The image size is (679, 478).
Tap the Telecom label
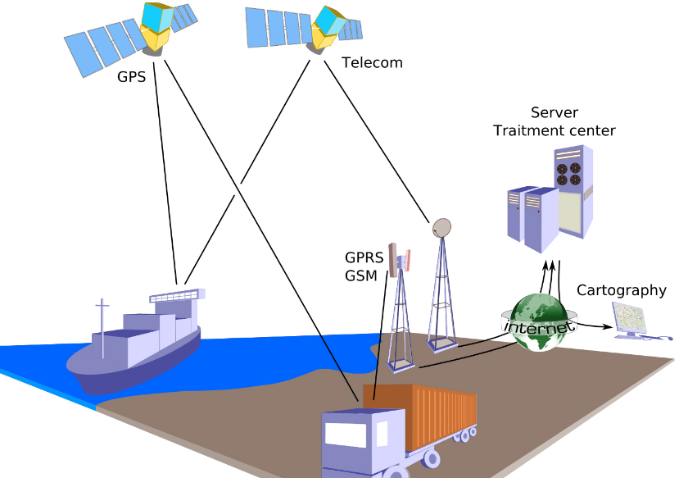(372, 62)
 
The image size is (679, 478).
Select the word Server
(554, 112)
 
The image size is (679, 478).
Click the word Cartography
(621, 290)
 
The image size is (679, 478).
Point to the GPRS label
(364, 258)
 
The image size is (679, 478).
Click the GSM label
(361, 275)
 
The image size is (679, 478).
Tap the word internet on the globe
(538, 327)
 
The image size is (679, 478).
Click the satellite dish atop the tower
(441, 227)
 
